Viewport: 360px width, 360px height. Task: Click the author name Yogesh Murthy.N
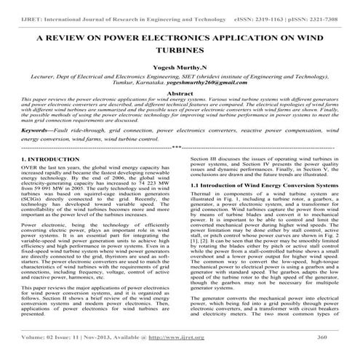point(180,71)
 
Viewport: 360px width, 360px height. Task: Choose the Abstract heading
point(180,104)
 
